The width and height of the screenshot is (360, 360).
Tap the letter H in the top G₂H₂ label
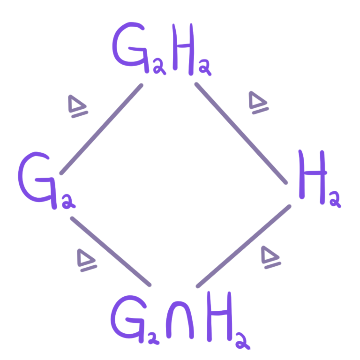click(x=183, y=49)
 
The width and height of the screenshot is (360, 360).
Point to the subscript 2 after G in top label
click(x=158, y=67)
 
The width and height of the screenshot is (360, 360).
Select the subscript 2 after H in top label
click(x=205, y=67)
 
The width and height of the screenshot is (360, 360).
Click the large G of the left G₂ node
click(x=37, y=180)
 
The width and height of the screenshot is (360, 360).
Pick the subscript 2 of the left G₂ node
click(x=68, y=202)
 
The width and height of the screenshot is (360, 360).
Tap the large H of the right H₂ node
click(x=313, y=177)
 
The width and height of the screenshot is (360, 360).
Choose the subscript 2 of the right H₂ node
click(x=335, y=199)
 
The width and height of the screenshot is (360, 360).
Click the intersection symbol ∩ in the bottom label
click(x=180, y=320)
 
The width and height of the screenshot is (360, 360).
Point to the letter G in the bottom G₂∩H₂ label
click(x=128, y=319)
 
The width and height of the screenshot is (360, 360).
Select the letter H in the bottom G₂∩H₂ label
click(x=219, y=316)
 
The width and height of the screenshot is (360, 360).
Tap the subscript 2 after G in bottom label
click(x=153, y=338)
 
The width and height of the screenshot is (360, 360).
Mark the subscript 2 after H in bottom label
click(x=242, y=341)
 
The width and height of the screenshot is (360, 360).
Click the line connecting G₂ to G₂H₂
click(x=101, y=129)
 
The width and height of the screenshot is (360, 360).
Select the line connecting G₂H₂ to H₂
click(x=241, y=134)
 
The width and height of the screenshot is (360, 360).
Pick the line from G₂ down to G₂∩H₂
click(x=111, y=252)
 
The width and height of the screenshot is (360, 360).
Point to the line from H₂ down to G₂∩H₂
click(x=243, y=246)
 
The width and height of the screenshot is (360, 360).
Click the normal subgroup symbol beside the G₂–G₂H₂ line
click(x=78, y=106)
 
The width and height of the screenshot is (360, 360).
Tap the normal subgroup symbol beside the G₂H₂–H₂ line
click(x=259, y=103)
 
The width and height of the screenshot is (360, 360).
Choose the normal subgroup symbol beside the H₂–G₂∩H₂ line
click(x=271, y=257)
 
